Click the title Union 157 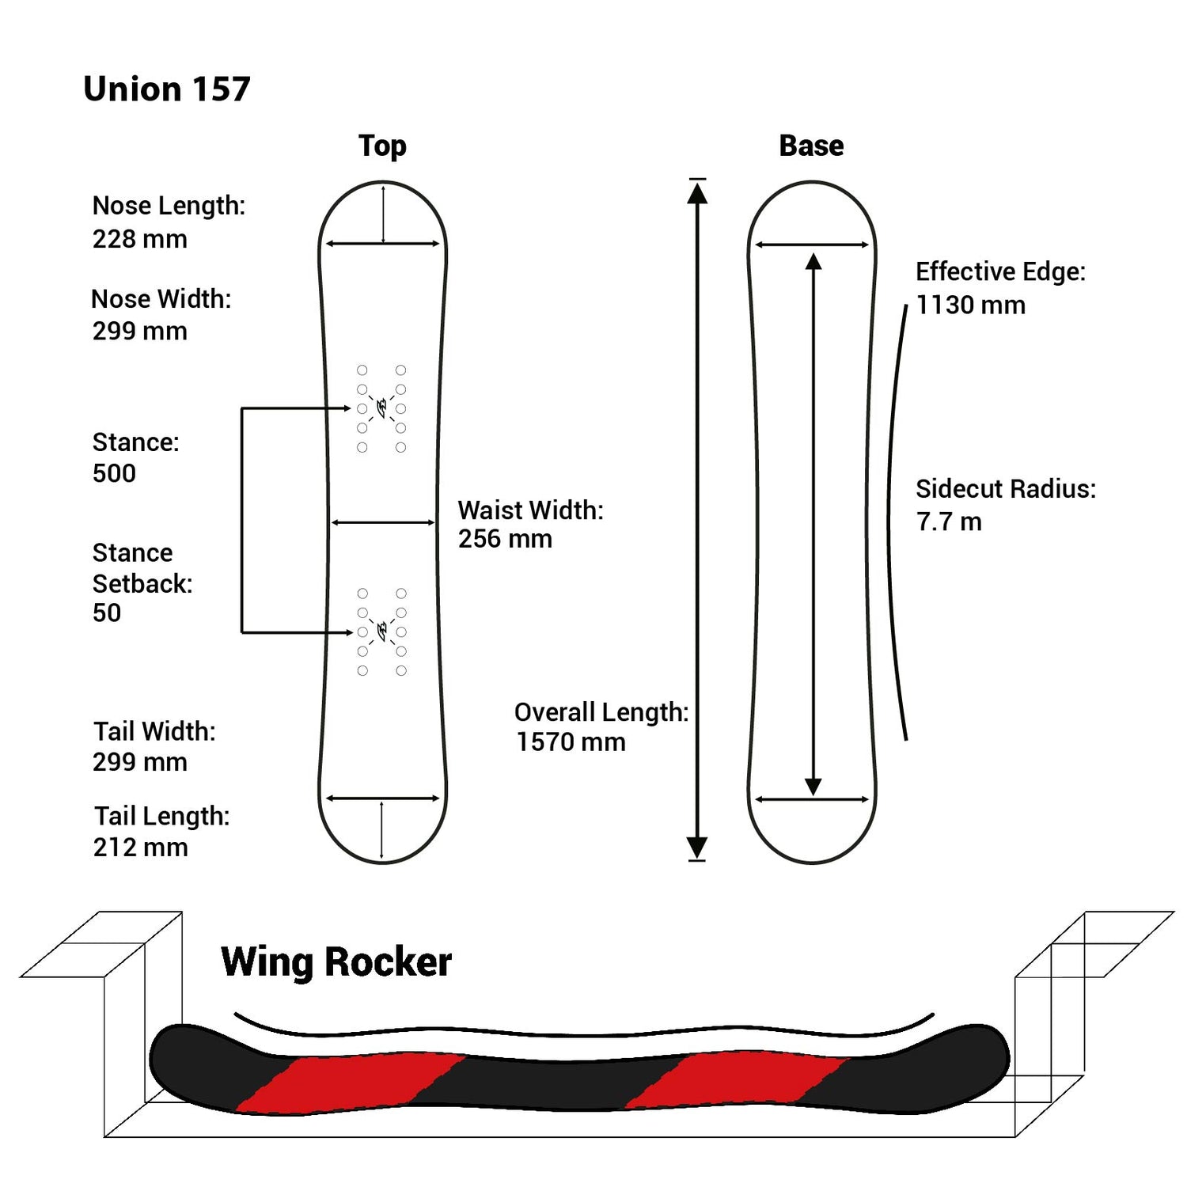(166, 89)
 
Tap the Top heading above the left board (382, 146)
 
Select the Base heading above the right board (811, 146)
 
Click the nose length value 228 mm (140, 239)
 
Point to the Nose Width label (161, 299)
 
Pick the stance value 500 (114, 473)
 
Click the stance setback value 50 (107, 612)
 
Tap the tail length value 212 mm (141, 848)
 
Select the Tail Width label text (154, 731)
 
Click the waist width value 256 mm (505, 539)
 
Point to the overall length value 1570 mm (571, 742)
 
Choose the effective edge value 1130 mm (970, 305)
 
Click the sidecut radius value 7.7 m (949, 522)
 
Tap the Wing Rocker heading (336, 962)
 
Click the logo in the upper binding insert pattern (382, 408)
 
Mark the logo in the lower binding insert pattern (382, 631)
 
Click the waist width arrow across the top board (383, 522)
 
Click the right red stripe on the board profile (740, 1079)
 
